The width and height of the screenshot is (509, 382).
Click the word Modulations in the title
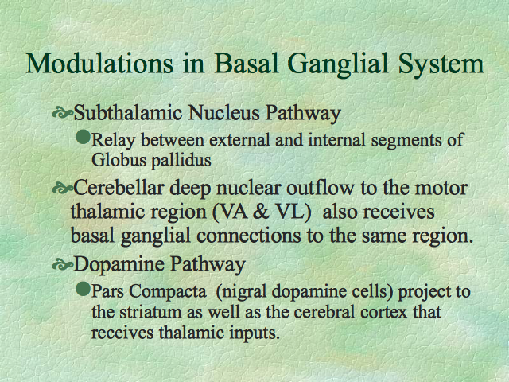[x=99, y=63]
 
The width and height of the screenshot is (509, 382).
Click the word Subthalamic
[x=128, y=113]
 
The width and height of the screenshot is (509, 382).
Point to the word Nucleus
[x=224, y=113]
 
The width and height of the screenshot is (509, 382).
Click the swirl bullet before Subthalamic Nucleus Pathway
[x=62, y=113]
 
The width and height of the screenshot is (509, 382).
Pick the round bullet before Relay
[x=83, y=137]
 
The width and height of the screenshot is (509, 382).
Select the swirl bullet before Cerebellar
[x=62, y=189]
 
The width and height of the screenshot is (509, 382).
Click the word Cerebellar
[x=119, y=188]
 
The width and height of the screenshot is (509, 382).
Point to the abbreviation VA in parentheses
[x=230, y=212]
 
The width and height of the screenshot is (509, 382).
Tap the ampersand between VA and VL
[x=261, y=212]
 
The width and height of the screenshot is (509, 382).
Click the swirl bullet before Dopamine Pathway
[x=62, y=265]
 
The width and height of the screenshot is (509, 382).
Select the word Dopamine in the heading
[x=119, y=265]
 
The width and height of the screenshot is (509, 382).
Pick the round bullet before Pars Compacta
[x=83, y=288]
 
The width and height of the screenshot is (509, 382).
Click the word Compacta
[x=168, y=291]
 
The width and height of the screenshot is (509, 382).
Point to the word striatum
[x=150, y=312]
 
